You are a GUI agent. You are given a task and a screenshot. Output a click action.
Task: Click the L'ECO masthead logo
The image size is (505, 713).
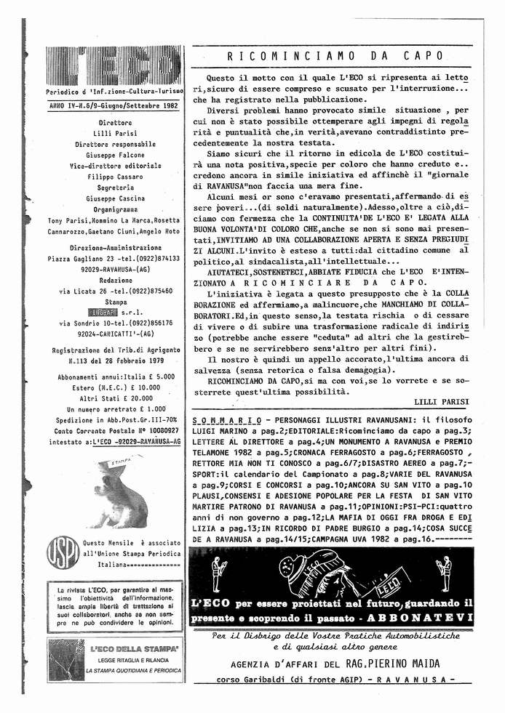tap(113, 67)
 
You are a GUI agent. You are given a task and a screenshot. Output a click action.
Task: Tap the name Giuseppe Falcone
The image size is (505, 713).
tap(115, 155)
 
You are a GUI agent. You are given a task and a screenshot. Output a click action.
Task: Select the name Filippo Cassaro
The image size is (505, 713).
tap(115, 177)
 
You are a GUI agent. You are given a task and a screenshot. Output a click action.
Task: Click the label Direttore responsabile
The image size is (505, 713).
tap(115, 144)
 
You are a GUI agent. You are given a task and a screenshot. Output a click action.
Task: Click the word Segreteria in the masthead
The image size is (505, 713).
tap(115, 188)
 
